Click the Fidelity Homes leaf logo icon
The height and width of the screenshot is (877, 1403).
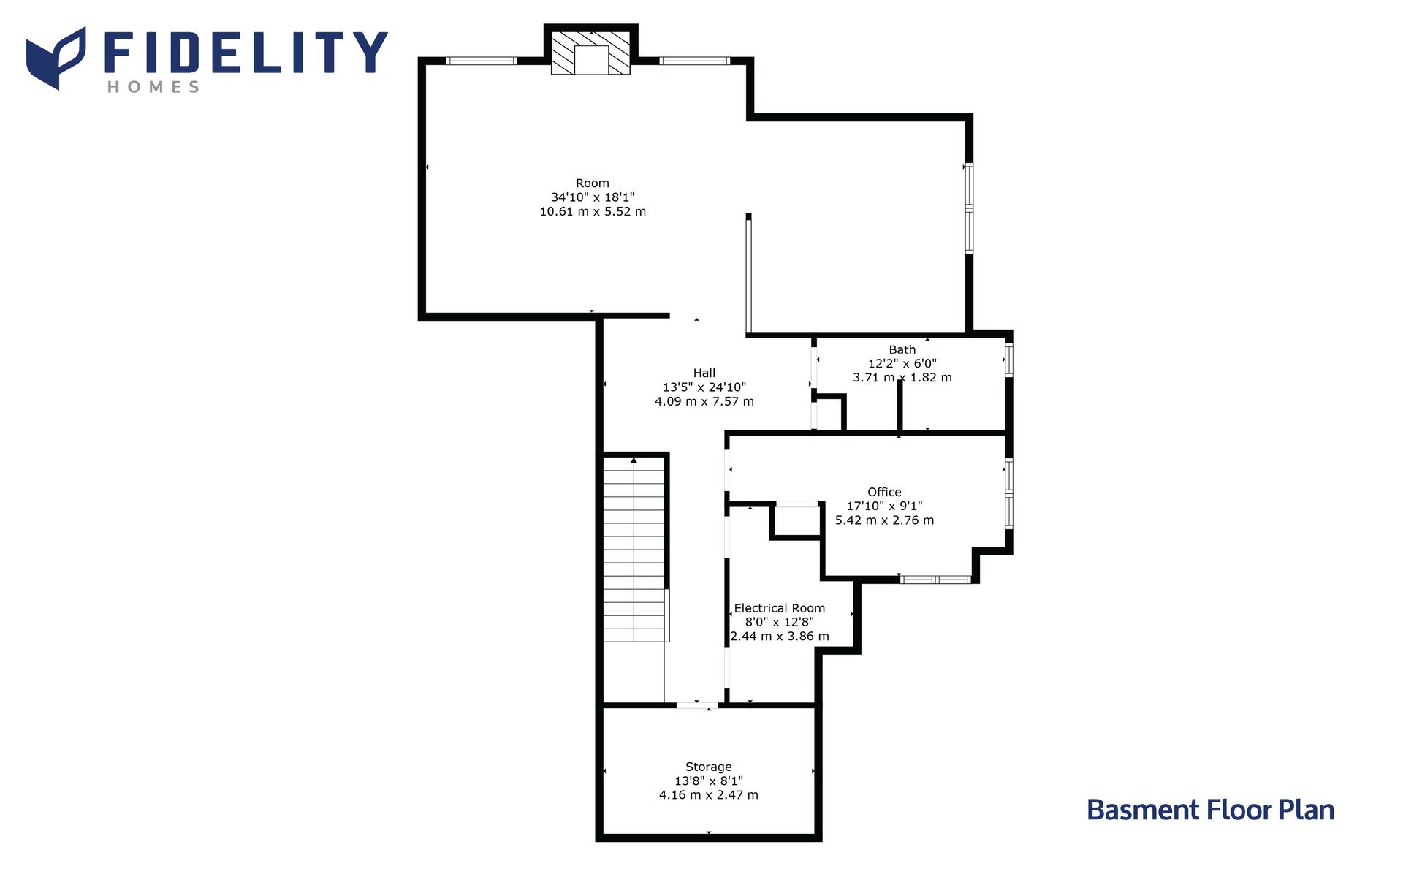56,58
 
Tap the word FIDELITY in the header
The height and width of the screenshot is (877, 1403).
246,53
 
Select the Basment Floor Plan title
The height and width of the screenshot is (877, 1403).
1210,810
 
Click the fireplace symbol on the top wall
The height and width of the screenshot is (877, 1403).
590,53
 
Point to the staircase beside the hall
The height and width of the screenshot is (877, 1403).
634,549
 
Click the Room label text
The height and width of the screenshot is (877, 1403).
593,183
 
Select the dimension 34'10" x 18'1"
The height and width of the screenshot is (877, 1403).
593,197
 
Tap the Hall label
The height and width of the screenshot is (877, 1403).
704,373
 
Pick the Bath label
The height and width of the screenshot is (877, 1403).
902,350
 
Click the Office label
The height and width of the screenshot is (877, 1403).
884,493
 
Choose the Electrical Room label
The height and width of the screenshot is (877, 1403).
780,608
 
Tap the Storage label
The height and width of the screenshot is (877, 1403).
709,767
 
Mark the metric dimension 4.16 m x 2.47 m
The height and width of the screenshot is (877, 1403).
709,795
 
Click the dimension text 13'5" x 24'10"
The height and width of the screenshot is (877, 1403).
704,387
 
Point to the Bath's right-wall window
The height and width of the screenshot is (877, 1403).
1009,360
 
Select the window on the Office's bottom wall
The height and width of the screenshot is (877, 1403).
935,580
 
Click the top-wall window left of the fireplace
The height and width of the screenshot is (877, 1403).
482,61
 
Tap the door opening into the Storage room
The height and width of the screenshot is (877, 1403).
696,705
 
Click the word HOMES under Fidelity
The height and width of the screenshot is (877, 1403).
153,87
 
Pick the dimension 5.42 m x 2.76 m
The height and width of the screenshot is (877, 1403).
884,520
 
